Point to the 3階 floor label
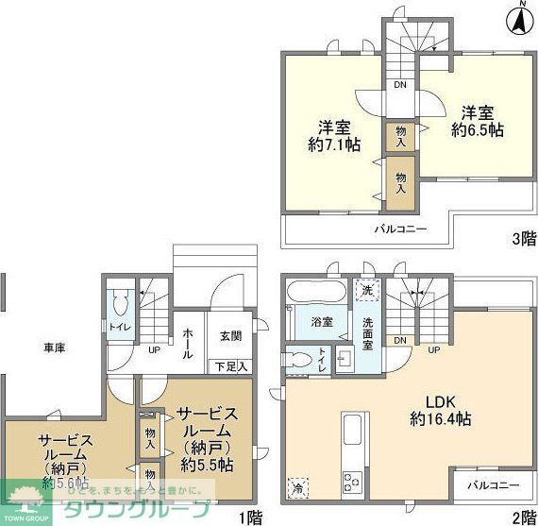[x=522, y=238]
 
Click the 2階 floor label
[x=522, y=516]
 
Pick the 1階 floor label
[x=249, y=516]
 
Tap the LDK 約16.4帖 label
[x=441, y=408]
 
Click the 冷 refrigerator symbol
[x=294, y=487]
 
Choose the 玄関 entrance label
[x=230, y=335]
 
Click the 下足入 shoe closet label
[x=230, y=365]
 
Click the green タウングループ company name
[x=136, y=508]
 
